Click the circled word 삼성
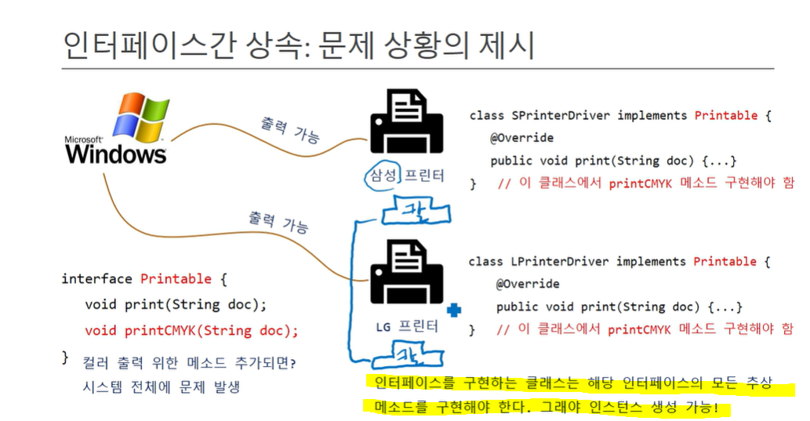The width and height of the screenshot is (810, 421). click(x=382, y=175)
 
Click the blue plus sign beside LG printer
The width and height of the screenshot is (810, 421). click(x=453, y=310)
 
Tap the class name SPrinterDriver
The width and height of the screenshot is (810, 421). click(x=558, y=115)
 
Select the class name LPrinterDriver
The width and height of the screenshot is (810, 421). click(x=558, y=261)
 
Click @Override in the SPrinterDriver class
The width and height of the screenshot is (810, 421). click(x=521, y=138)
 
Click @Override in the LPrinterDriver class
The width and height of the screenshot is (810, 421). click(x=527, y=284)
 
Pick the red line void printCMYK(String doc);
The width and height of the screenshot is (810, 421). click(x=191, y=330)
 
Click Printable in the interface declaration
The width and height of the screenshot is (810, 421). click(x=176, y=279)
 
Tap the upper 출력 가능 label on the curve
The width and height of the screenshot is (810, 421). click(x=290, y=130)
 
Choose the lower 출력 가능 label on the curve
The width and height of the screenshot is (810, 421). click(x=278, y=223)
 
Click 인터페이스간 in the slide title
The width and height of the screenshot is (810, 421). click(x=142, y=46)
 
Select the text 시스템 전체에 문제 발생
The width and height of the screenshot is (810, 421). click(x=161, y=387)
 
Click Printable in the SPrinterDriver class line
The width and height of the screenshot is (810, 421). click(x=725, y=115)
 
